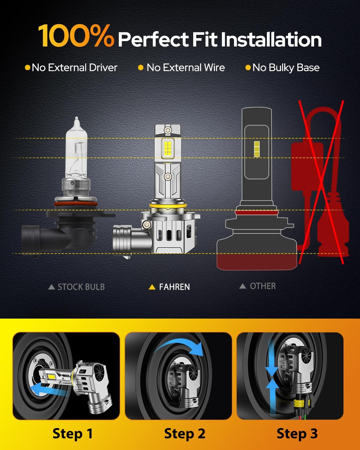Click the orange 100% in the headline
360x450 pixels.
76,35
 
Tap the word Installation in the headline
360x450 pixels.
271,39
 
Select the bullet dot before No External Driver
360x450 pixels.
27,67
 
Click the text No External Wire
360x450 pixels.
186,67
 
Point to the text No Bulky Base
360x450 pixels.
286,68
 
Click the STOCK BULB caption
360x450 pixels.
81,287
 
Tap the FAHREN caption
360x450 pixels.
175,287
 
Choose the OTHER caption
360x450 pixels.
263,286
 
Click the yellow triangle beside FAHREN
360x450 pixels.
152,287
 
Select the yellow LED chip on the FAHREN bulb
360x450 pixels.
168,149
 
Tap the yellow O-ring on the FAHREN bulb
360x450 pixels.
168,206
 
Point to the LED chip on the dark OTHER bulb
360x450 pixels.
257,149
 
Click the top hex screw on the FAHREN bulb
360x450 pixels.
168,130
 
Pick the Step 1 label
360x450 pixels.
72,433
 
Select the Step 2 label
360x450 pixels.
184,433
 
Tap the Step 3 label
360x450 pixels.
297,433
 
